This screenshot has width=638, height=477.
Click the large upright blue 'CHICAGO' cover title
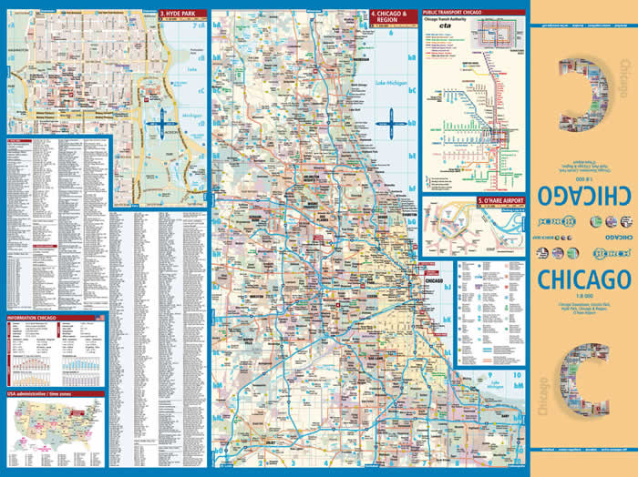click(x=583, y=277)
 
